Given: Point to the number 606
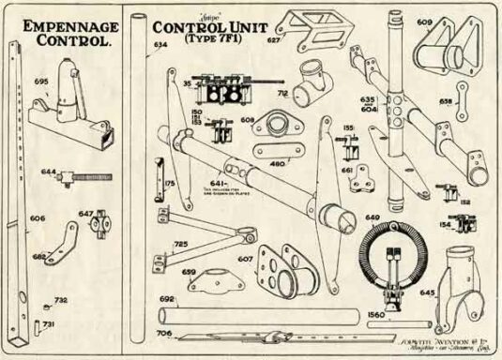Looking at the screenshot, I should pyautogui.click(x=38, y=217).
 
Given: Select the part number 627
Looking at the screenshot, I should pyautogui.click(x=274, y=41).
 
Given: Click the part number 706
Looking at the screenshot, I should pyautogui.click(x=164, y=333).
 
